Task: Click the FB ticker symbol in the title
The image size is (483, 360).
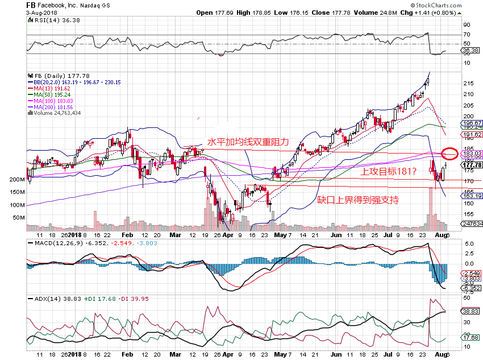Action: pyautogui.click(x=32, y=5)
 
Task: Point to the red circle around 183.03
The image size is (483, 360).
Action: pyautogui.click(x=450, y=153)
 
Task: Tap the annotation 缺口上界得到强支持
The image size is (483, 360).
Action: pyautogui.click(x=357, y=200)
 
